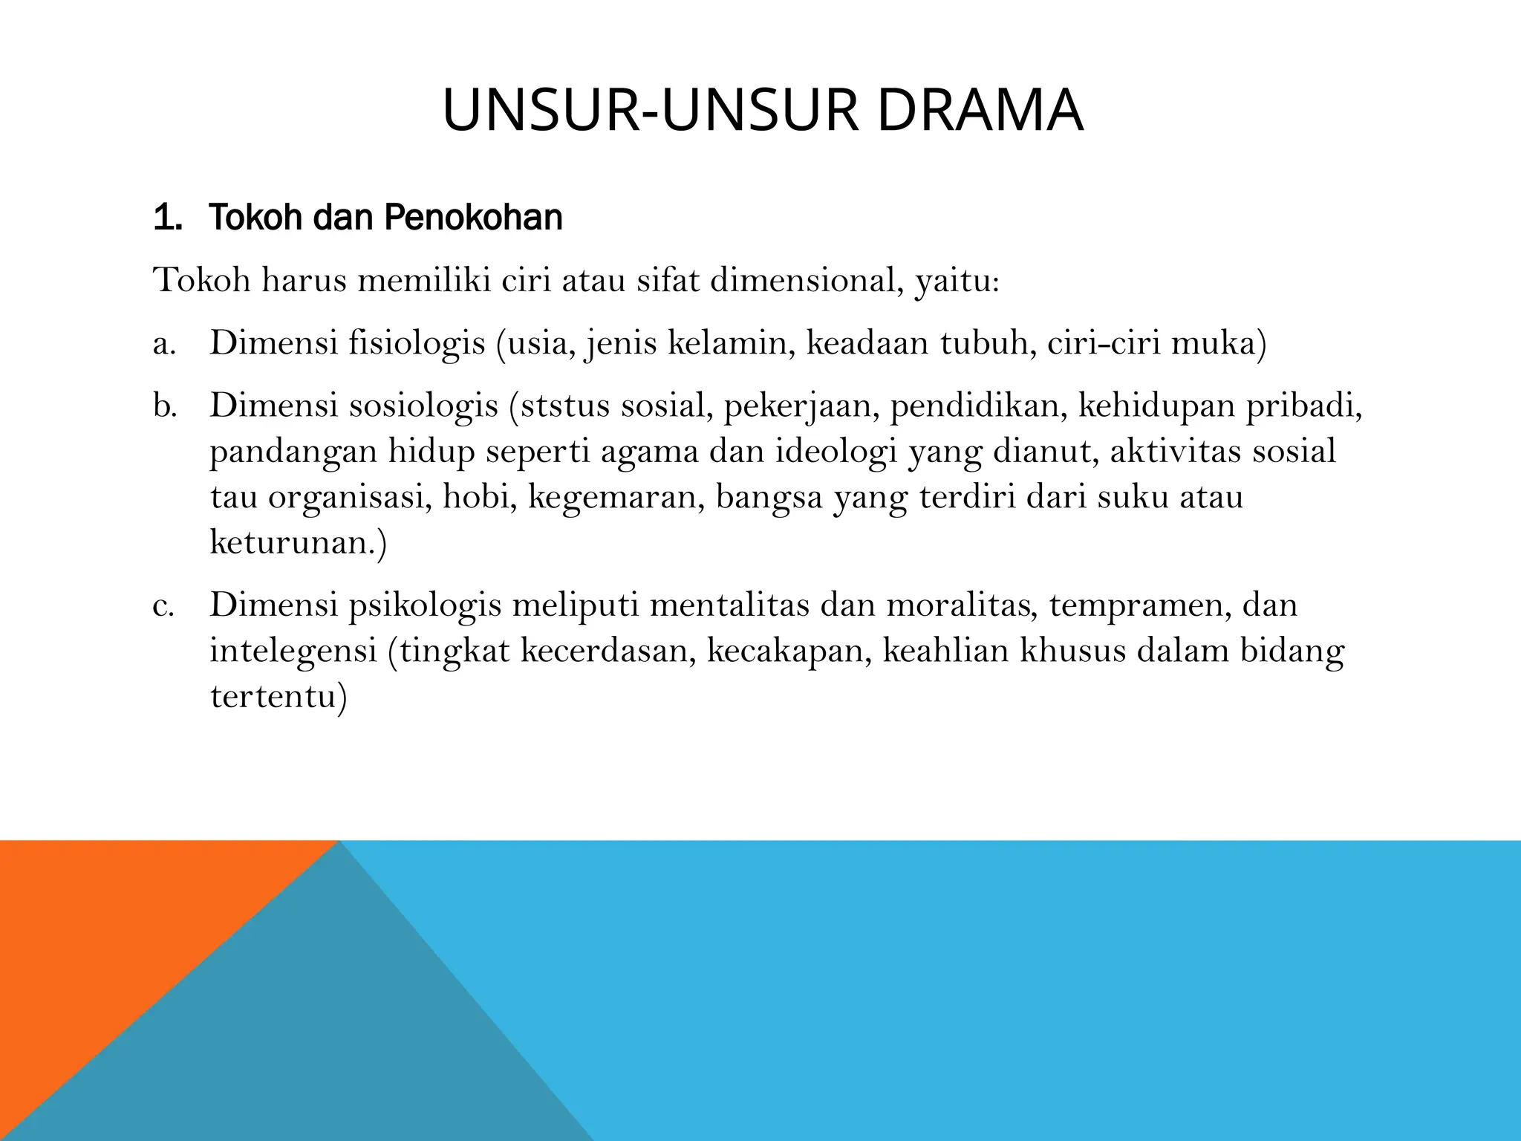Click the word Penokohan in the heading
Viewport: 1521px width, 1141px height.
click(x=473, y=218)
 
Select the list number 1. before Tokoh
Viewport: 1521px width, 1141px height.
click(x=167, y=218)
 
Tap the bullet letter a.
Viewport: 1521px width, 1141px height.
click(x=164, y=344)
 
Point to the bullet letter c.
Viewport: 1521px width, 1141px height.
click(x=163, y=605)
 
